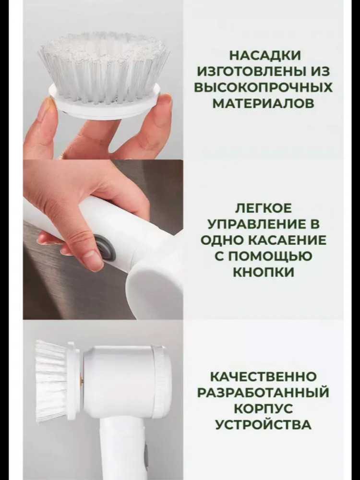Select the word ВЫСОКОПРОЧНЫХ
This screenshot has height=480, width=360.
(263, 87)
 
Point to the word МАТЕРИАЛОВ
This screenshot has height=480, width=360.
(263, 104)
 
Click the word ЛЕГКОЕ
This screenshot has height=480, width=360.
(263, 209)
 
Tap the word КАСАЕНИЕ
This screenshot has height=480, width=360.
(288, 240)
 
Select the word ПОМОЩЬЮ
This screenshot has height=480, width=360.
(268, 256)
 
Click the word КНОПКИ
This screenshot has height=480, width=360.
(263, 272)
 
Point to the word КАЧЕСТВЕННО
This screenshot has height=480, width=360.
(263, 376)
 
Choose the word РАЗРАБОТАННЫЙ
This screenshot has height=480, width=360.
(263, 393)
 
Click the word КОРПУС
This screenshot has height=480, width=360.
(263, 408)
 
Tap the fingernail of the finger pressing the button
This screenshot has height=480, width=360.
(91, 255)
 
